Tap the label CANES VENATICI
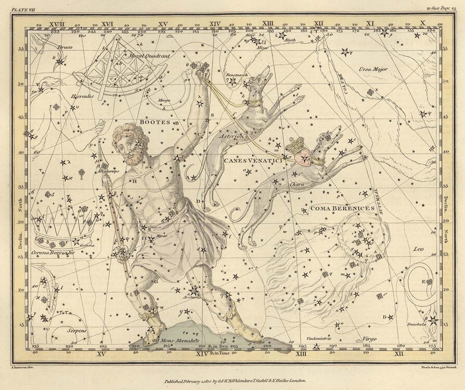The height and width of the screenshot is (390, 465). (252, 161)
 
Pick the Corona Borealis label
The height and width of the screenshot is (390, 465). (53, 252)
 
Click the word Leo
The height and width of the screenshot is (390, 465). (418, 249)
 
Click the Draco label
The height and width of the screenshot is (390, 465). (65, 47)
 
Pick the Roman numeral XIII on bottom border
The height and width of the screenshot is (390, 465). (301, 354)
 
